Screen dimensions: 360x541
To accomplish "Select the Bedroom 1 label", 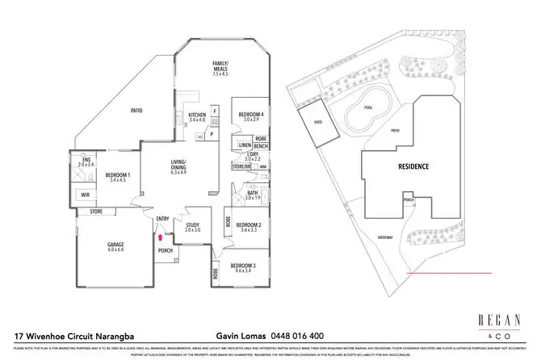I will pyautogui.click(x=119, y=177).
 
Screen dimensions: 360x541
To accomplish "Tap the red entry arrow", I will pyautogui.click(x=161, y=237).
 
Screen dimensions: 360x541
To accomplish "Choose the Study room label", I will pyautogui.click(x=192, y=228).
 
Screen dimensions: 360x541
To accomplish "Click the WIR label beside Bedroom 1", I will pyautogui.click(x=85, y=195).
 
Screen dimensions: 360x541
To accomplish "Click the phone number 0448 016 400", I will pyautogui.click(x=296, y=334).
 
